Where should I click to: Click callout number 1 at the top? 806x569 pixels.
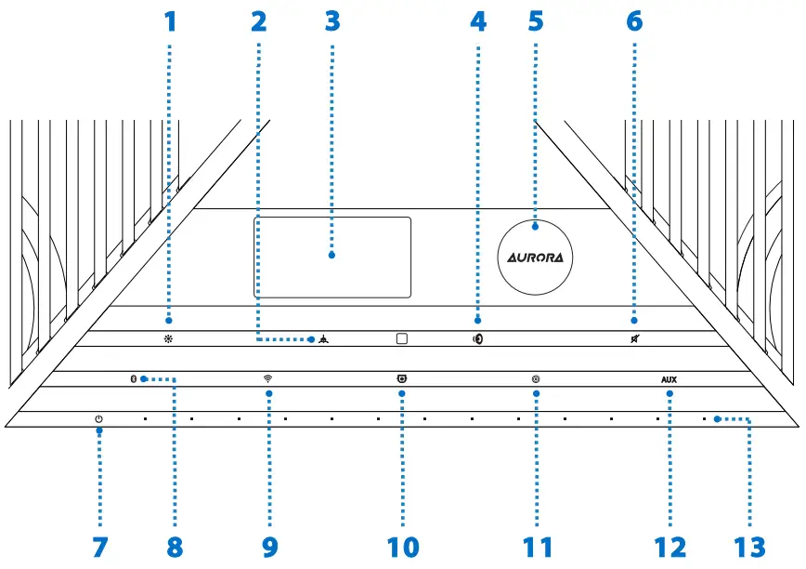click(x=170, y=20)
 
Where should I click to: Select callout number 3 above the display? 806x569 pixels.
click(x=332, y=20)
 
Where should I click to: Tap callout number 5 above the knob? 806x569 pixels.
click(x=536, y=20)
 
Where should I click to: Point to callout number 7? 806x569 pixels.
click(x=99, y=547)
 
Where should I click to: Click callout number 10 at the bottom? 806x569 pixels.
click(x=403, y=547)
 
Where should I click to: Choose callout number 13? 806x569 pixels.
click(x=750, y=547)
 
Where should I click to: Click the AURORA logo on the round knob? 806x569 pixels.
click(x=536, y=255)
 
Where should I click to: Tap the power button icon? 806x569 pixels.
click(x=98, y=418)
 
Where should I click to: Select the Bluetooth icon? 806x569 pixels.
click(x=132, y=378)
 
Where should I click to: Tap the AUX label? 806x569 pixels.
click(x=669, y=379)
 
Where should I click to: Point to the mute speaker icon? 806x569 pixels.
click(x=632, y=338)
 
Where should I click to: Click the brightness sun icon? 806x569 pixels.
click(x=170, y=338)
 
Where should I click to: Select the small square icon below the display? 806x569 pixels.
click(x=402, y=338)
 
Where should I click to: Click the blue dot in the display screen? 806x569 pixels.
click(x=332, y=255)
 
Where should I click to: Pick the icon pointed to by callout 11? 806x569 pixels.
click(x=537, y=378)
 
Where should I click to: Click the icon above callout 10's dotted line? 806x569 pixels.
click(x=402, y=378)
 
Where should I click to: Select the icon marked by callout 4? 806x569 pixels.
click(x=477, y=338)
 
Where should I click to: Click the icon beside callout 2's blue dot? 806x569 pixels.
click(x=321, y=338)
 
